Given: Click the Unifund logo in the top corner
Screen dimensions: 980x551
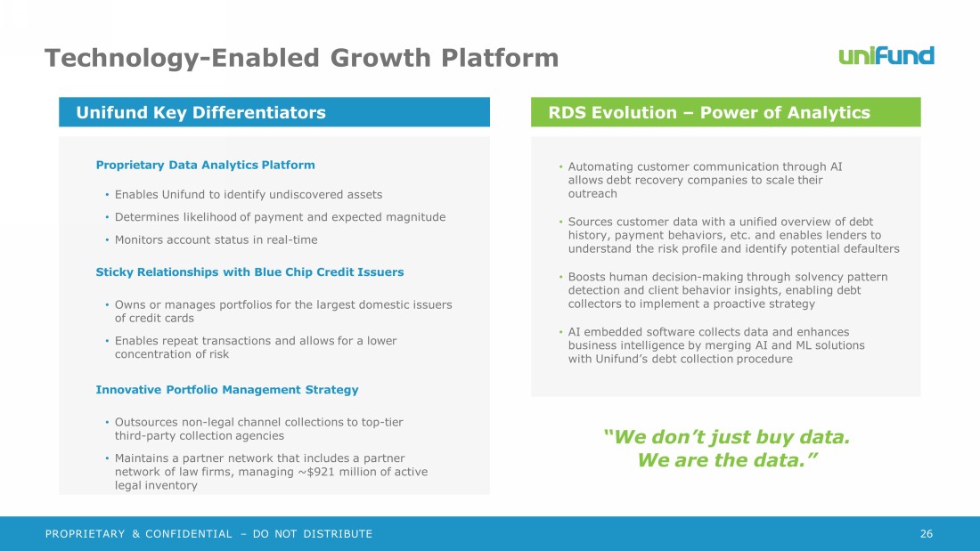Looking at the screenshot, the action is pyautogui.click(x=886, y=55).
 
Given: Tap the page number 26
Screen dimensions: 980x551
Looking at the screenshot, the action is pyautogui.click(x=927, y=533).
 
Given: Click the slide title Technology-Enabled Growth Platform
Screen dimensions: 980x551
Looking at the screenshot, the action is pyautogui.click(x=301, y=58).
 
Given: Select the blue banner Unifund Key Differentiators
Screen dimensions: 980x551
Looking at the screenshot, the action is pyautogui.click(x=274, y=112).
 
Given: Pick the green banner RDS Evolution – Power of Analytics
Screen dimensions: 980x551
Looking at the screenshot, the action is pyautogui.click(x=725, y=112).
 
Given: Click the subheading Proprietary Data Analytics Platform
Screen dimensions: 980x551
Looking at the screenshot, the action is pyautogui.click(x=205, y=165).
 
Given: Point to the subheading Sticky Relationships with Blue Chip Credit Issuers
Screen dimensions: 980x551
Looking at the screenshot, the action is pyautogui.click(x=249, y=271).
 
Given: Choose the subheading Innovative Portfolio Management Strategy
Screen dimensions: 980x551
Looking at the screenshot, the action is pyautogui.click(x=227, y=390).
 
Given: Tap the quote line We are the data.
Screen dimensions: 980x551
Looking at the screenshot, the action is pyautogui.click(x=727, y=460).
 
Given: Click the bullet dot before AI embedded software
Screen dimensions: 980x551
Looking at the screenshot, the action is pyautogui.click(x=560, y=332).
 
